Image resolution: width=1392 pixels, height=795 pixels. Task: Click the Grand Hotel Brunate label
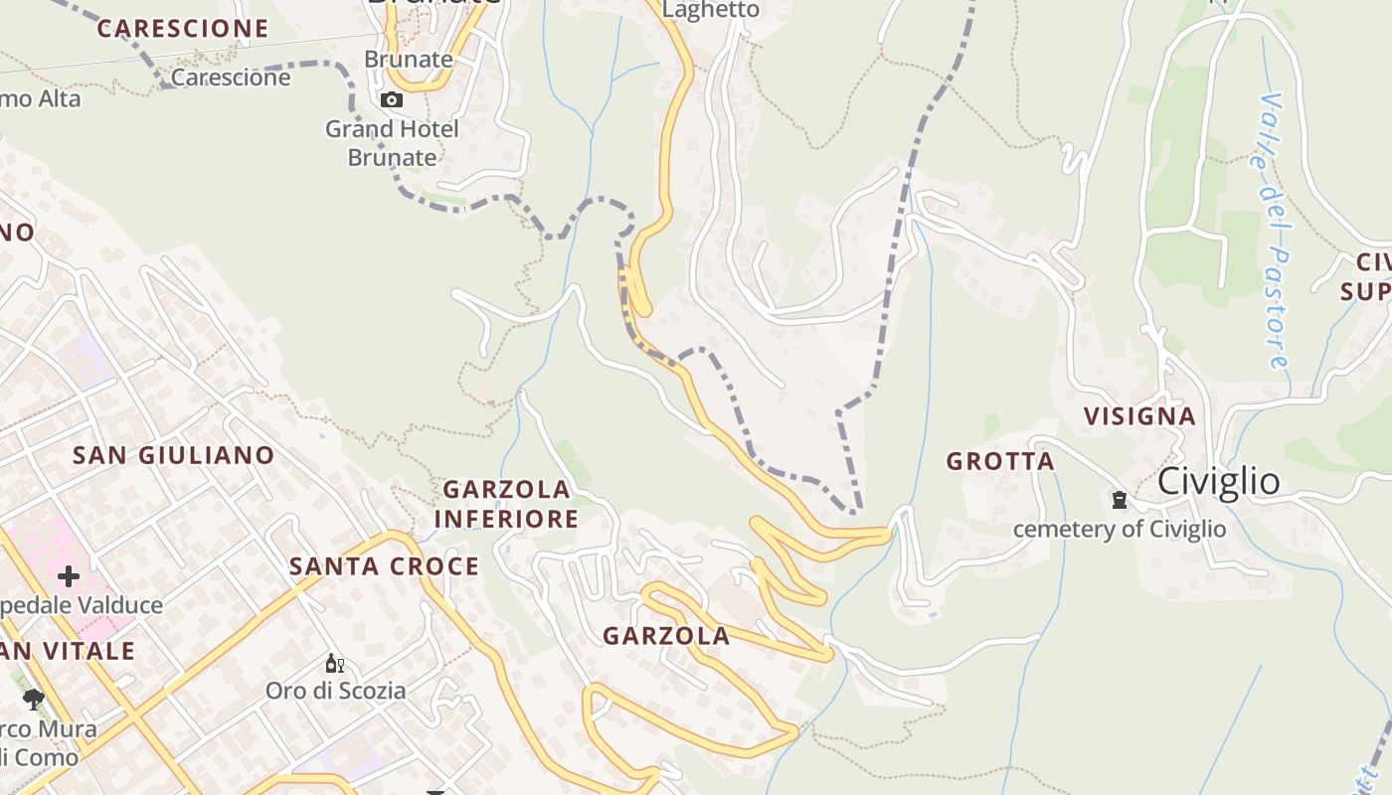(392, 143)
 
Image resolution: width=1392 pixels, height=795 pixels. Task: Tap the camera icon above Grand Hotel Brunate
(392, 99)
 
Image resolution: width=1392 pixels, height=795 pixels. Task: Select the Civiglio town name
(1218, 481)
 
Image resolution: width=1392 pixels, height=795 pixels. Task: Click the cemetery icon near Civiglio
(1120, 500)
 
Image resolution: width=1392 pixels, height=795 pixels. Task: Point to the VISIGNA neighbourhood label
(1139, 416)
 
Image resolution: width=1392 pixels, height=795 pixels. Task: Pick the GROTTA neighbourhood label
(1000, 461)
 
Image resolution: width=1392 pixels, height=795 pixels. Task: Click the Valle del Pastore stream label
(1274, 232)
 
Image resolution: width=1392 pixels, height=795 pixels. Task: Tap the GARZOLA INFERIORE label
(506, 504)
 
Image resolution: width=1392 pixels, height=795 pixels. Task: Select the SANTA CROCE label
(384, 566)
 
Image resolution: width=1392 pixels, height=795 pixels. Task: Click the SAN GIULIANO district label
(174, 455)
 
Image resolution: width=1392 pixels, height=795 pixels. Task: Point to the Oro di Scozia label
(335, 690)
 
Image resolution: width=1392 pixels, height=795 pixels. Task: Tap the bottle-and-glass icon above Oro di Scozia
(334, 664)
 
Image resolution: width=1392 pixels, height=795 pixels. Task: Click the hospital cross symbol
(68, 576)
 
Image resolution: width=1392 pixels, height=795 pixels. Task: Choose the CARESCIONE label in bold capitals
(183, 29)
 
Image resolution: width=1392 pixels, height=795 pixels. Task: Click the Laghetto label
(710, 10)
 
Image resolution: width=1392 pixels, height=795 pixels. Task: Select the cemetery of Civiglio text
(1120, 529)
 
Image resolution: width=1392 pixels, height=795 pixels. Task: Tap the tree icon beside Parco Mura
(34, 700)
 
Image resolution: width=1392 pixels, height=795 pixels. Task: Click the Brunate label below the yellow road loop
(409, 60)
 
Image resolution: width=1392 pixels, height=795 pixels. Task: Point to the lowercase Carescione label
(231, 78)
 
